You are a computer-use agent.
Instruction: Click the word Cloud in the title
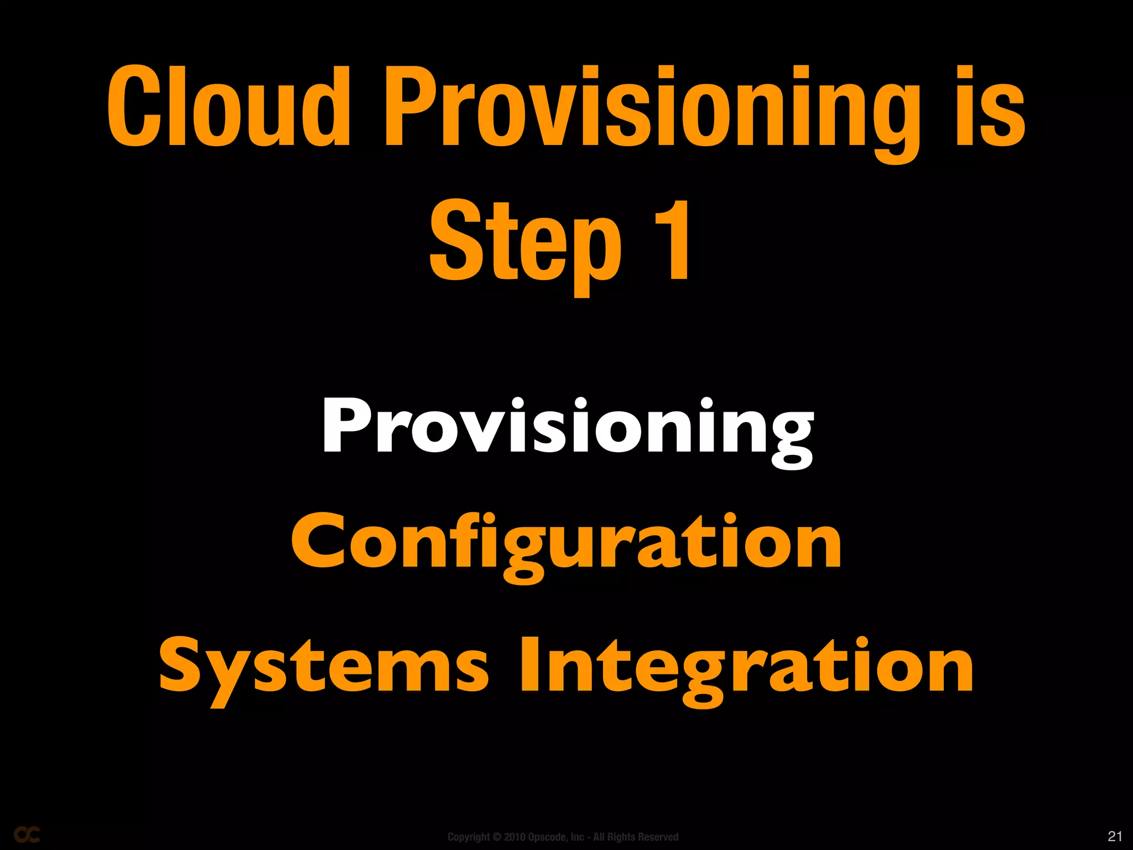point(228,106)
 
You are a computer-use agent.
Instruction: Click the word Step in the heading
point(526,243)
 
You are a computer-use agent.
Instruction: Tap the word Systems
point(324,667)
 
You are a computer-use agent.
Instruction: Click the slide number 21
point(1115,836)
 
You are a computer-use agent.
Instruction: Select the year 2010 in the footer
point(514,837)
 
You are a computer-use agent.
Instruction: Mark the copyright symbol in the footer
point(497,837)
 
